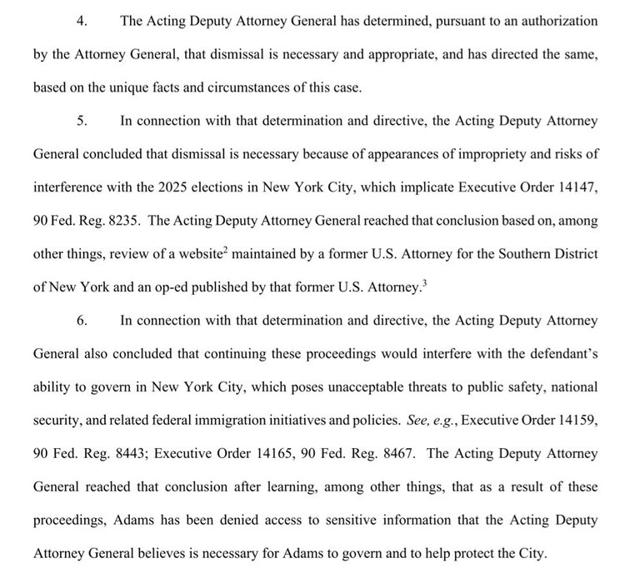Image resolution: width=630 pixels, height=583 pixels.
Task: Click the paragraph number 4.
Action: coord(81,21)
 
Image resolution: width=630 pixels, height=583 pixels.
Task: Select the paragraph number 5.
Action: coord(81,120)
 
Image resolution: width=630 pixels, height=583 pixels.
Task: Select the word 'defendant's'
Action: coord(564,353)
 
